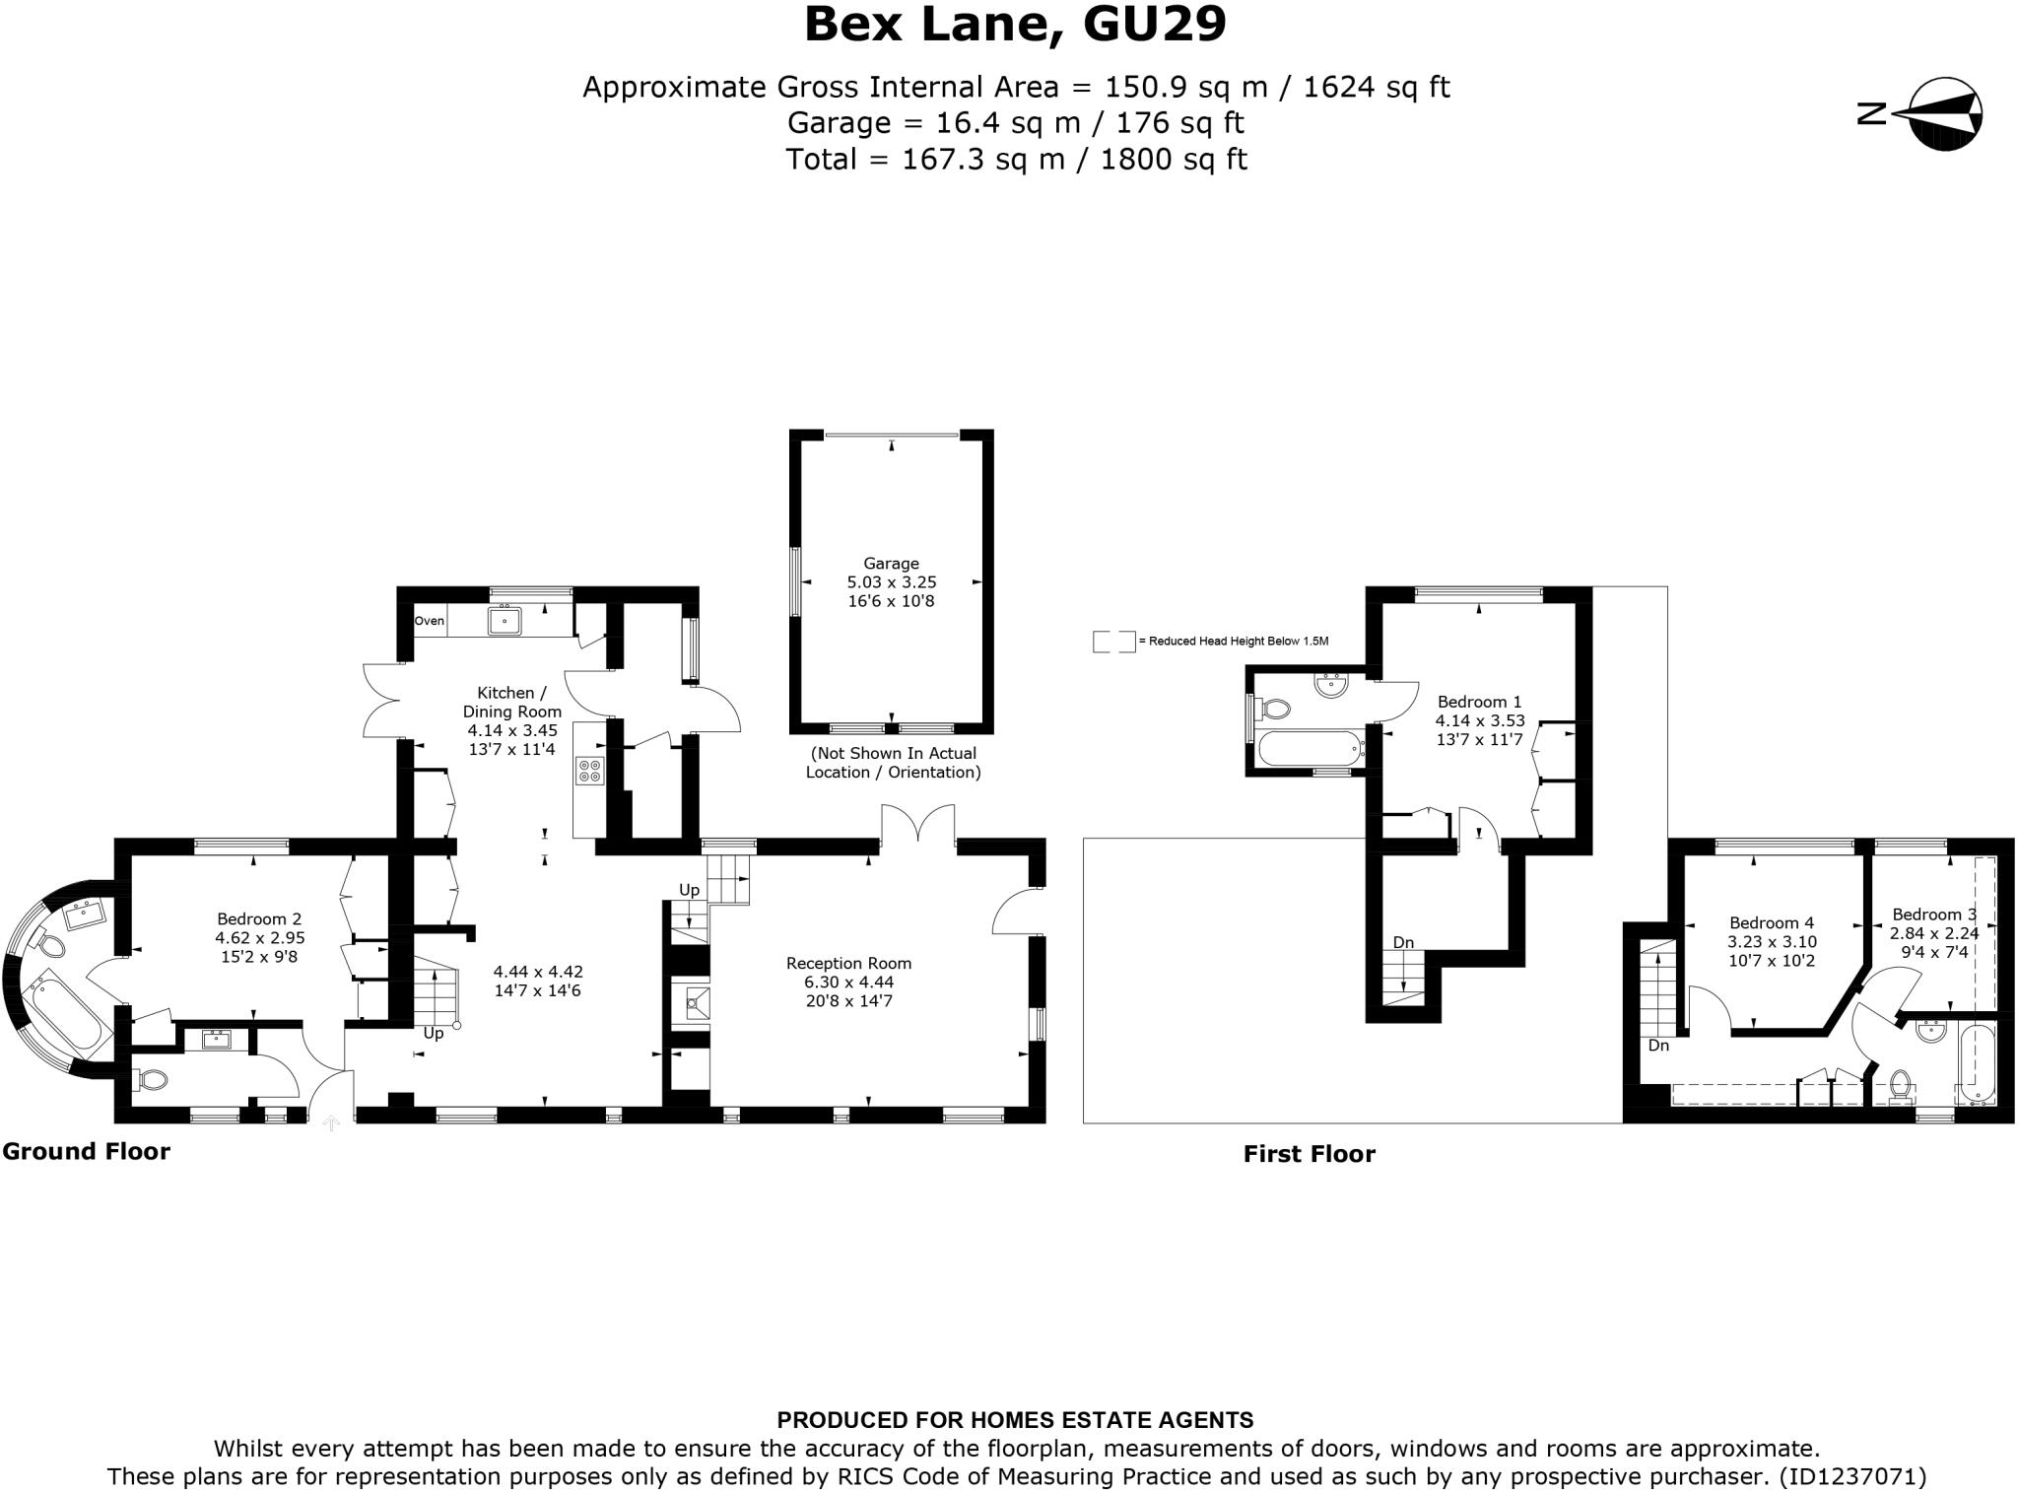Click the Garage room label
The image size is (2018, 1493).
click(x=891, y=564)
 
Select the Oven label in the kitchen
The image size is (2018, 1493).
click(x=429, y=621)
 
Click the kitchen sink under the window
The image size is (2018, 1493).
click(x=504, y=621)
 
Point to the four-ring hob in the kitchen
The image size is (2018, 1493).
click(x=589, y=770)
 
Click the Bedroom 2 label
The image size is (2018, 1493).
click(x=259, y=918)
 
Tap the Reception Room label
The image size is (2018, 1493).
click(x=848, y=963)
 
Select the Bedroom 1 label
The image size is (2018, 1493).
click(x=1479, y=702)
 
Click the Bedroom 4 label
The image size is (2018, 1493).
click(x=1772, y=922)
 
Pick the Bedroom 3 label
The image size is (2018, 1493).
click(x=1933, y=914)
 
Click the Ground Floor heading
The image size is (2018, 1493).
click(x=87, y=1151)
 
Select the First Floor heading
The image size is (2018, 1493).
click(x=1309, y=1154)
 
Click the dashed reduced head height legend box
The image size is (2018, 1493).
click(x=1113, y=642)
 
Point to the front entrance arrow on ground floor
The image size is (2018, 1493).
click(x=331, y=1121)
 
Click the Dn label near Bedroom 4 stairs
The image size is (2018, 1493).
click(x=1658, y=1045)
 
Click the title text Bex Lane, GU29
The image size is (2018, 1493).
click(x=1015, y=26)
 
